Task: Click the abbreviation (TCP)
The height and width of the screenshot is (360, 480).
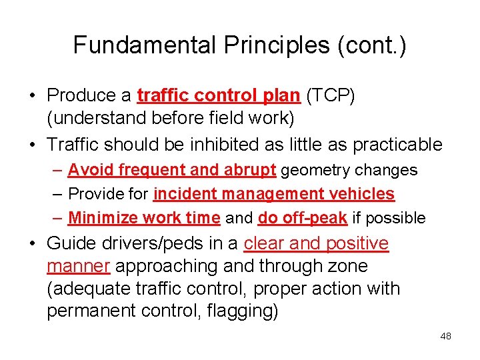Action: [331, 95]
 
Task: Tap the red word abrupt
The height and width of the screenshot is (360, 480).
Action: [251, 170]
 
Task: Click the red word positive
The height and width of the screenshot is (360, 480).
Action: [356, 244]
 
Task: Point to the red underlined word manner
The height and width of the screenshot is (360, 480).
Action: [78, 267]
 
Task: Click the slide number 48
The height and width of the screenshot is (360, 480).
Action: [445, 336]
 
